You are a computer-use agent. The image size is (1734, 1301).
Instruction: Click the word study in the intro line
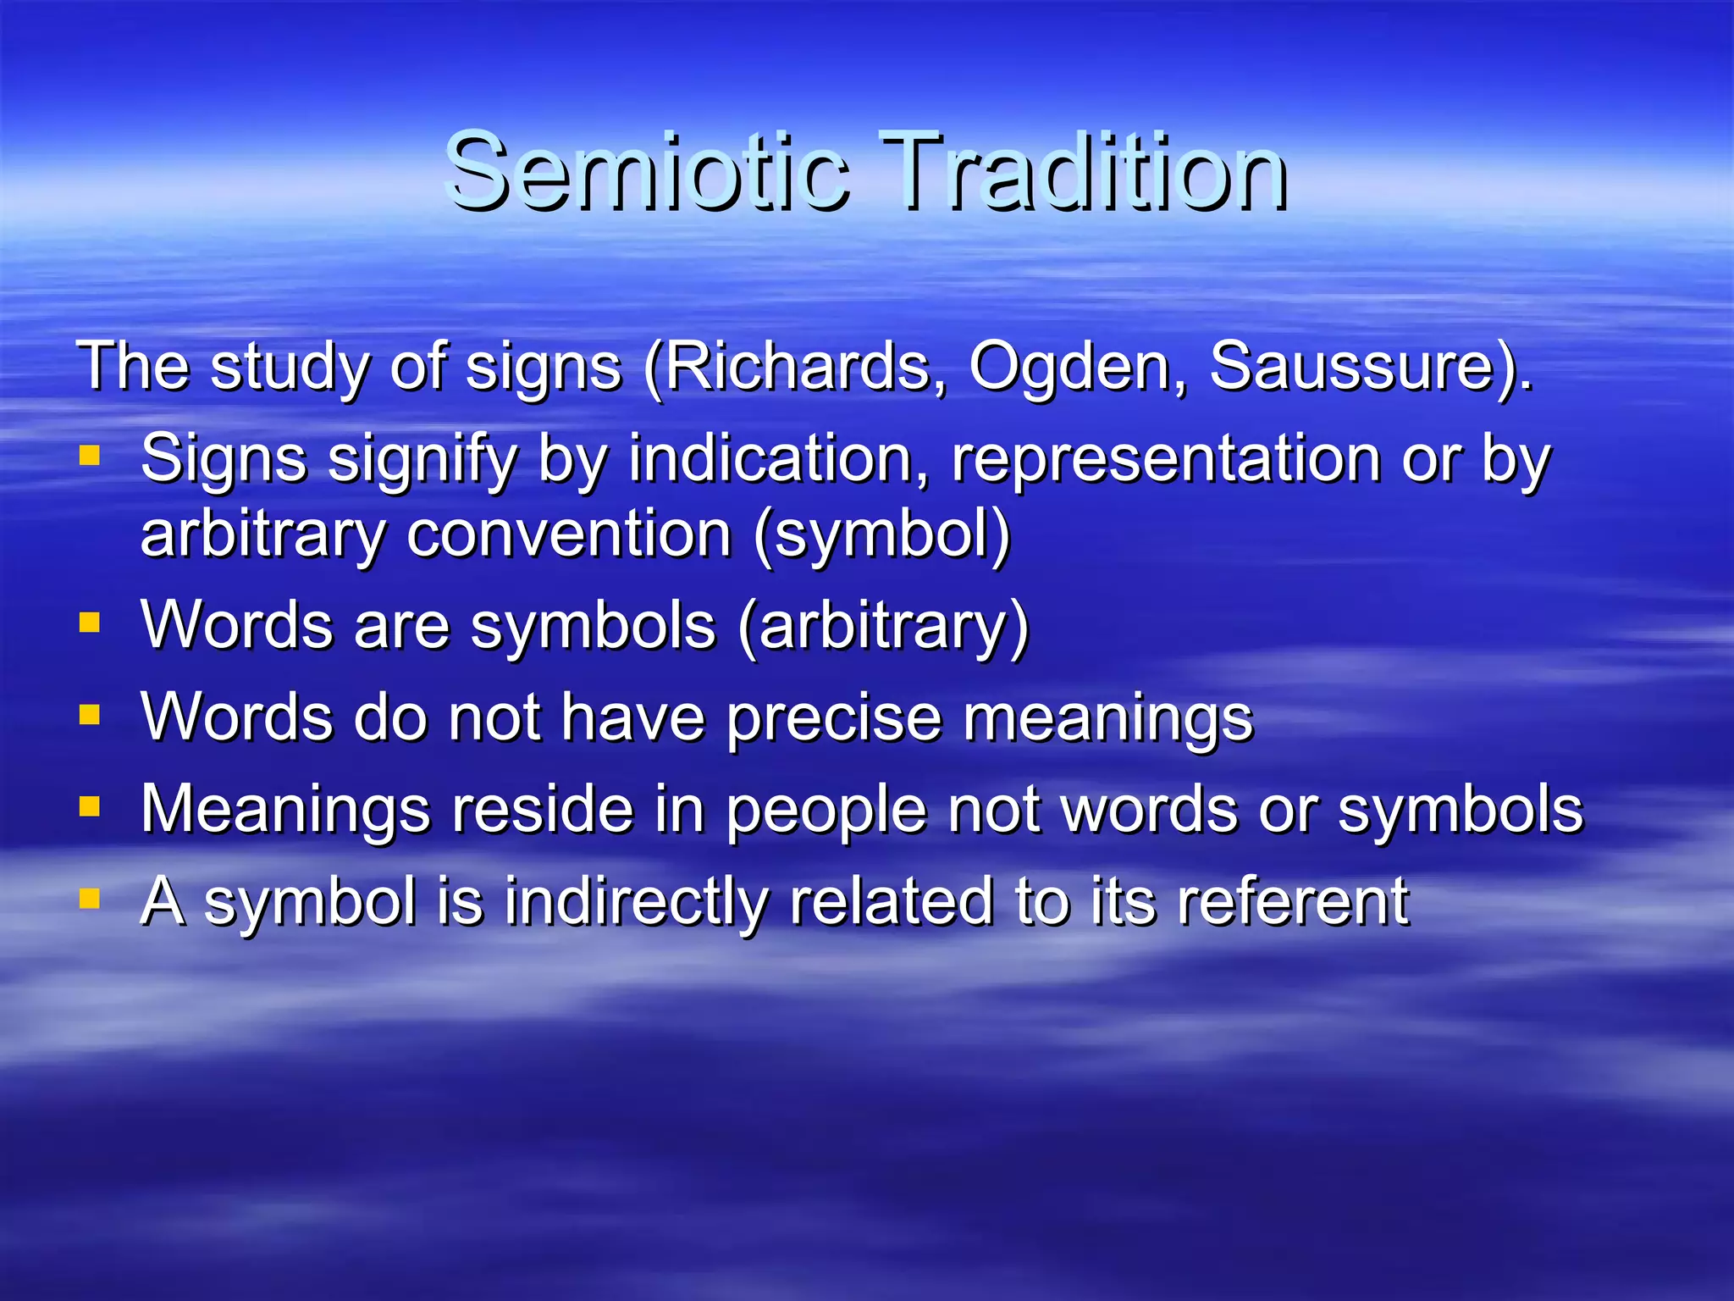(288, 368)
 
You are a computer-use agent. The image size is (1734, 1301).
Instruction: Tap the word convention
(569, 534)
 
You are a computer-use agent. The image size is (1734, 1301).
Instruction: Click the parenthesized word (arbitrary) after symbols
(883, 627)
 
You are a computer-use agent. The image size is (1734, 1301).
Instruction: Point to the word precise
(834, 718)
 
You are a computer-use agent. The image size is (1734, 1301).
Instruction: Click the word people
(826, 811)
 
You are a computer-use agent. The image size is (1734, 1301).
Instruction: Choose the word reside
(542, 809)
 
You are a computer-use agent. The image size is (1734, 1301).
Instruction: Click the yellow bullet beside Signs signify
(90, 457)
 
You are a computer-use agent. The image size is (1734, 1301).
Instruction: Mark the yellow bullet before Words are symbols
(90, 624)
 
